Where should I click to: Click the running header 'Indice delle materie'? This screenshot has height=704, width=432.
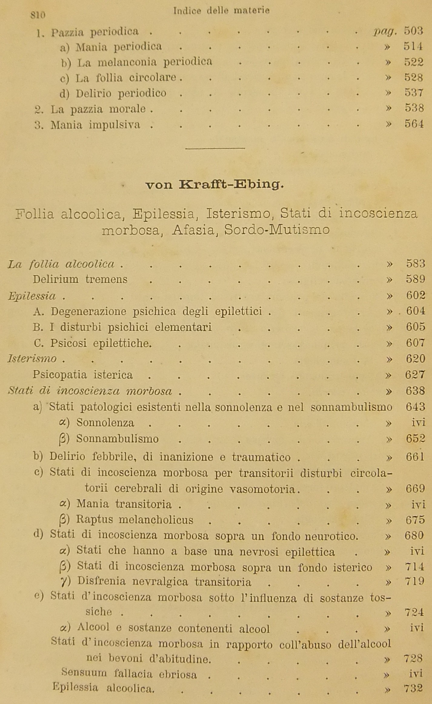click(x=221, y=11)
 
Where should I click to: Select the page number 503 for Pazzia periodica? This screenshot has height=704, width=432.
click(x=414, y=31)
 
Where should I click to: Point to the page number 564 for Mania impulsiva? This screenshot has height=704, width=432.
click(x=414, y=124)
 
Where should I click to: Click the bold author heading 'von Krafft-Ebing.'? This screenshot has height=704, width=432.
click(x=215, y=185)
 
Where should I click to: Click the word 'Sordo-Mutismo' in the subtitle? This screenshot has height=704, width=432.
click(x=277, y=230)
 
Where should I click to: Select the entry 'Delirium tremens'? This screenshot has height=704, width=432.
click(x=80, y=279)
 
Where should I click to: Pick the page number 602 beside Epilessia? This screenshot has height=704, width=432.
click(x=415, y=295)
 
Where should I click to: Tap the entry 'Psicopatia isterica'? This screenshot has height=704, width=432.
click(x=83, y=375)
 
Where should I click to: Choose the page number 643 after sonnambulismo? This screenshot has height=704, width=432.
click(x=415, y=407)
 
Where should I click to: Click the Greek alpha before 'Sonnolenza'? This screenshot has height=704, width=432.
click(x=64, y=423)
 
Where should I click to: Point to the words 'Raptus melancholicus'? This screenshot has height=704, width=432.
click(x=135, y=520)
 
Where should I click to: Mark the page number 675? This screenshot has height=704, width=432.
click(x=415, y=520)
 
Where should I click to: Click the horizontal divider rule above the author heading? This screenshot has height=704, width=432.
click(x=215, y=148)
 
